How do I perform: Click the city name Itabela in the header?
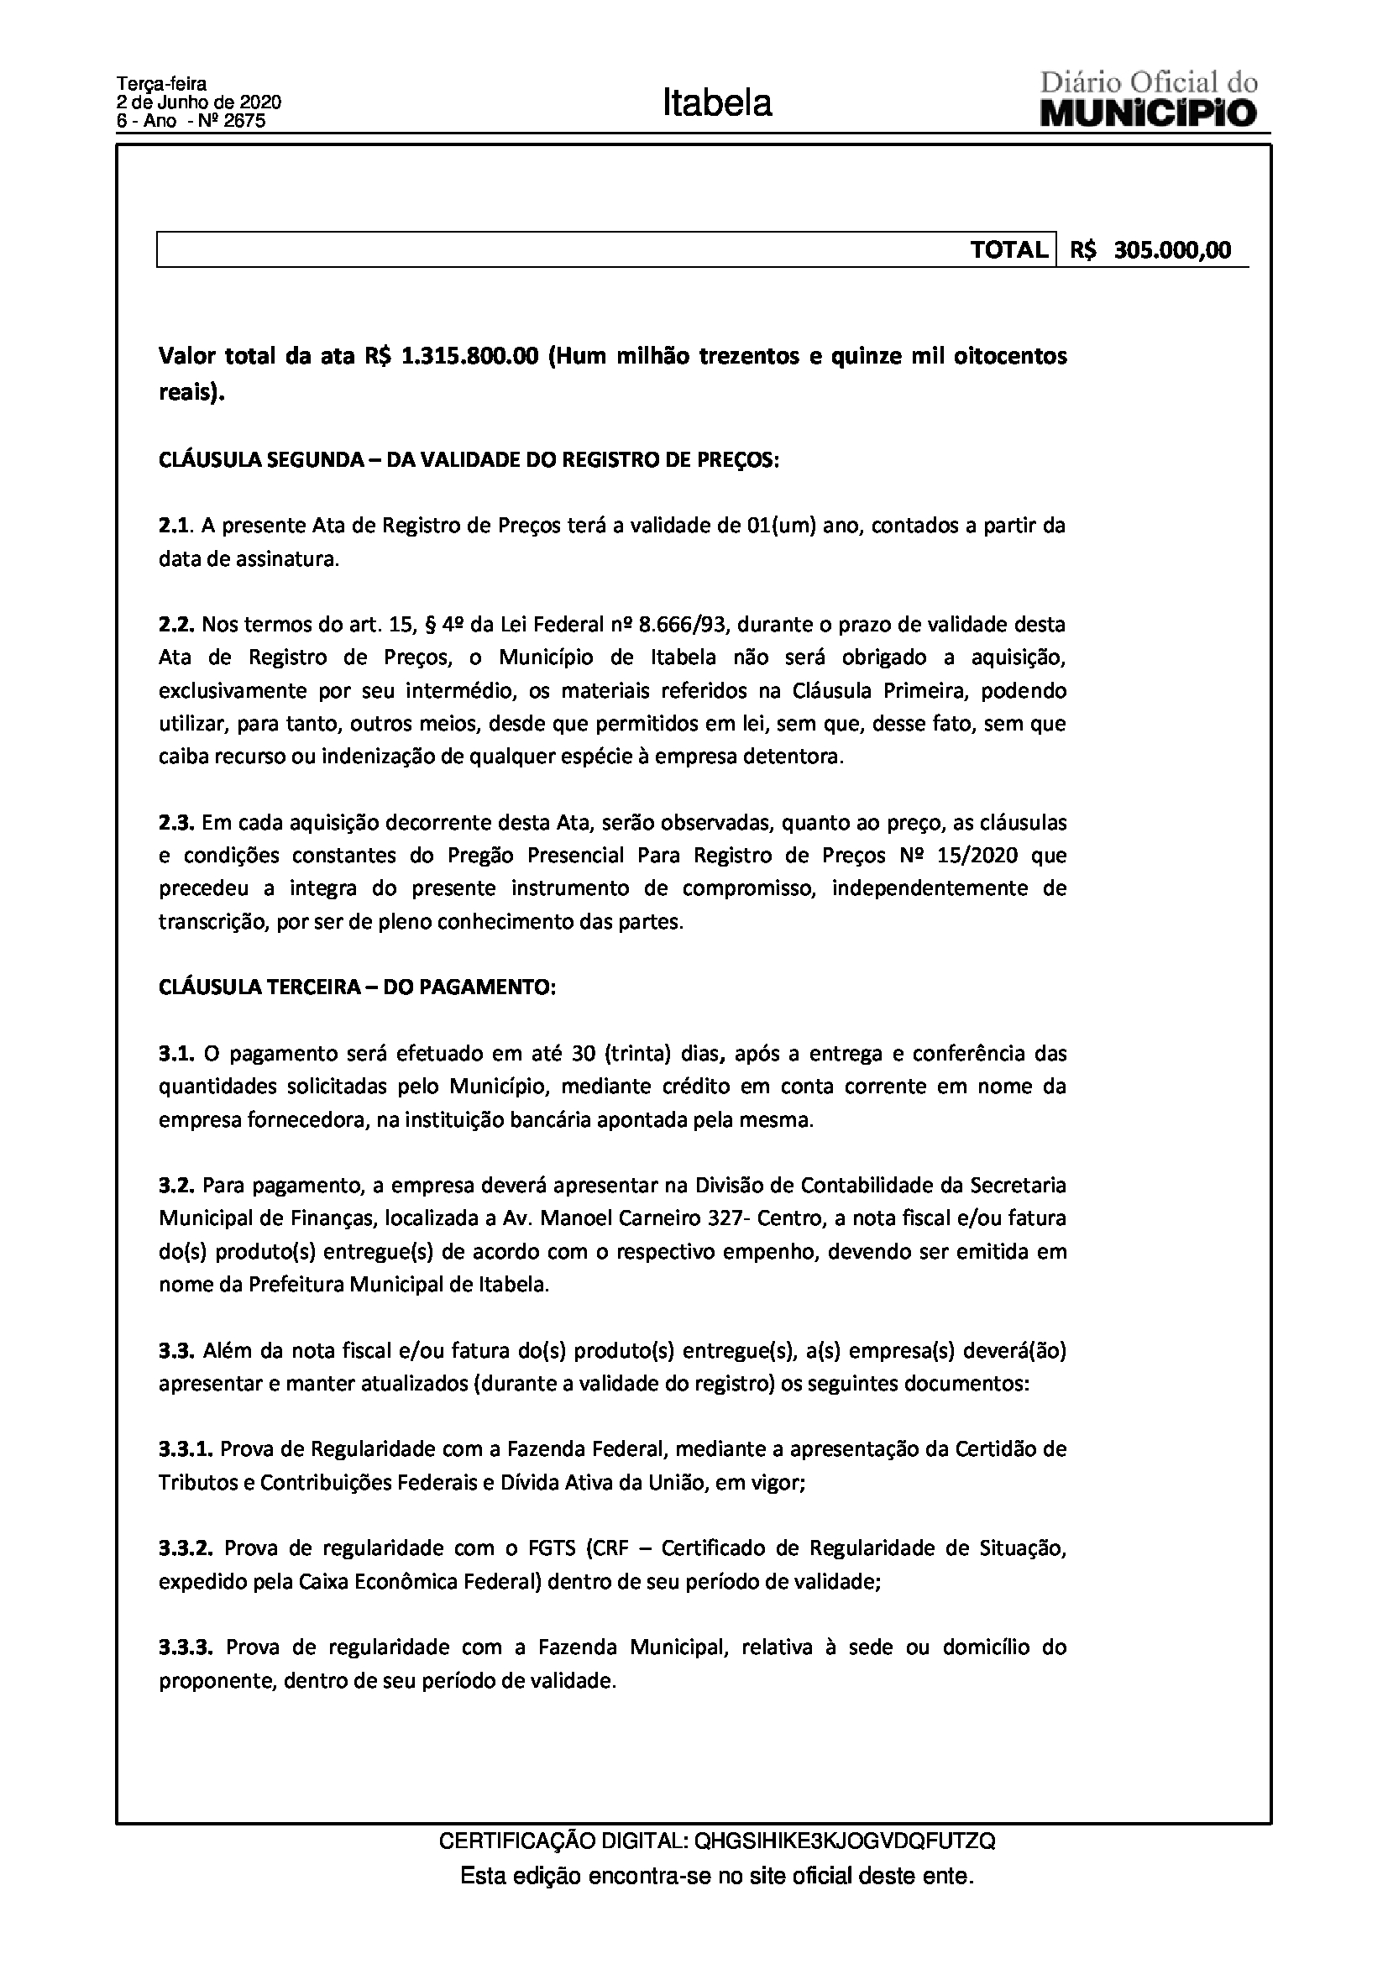(x=716, y=103)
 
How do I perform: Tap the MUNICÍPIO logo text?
(x=1148, y=113)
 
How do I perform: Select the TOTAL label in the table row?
(x=1008, y=249)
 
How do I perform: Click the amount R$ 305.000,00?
(x=1151, y=249)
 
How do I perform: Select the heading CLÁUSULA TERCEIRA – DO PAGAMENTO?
(x=357, y=987)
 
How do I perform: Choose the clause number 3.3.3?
(x=186, y=1647)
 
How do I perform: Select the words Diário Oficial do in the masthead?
(x=1148, y=84)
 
